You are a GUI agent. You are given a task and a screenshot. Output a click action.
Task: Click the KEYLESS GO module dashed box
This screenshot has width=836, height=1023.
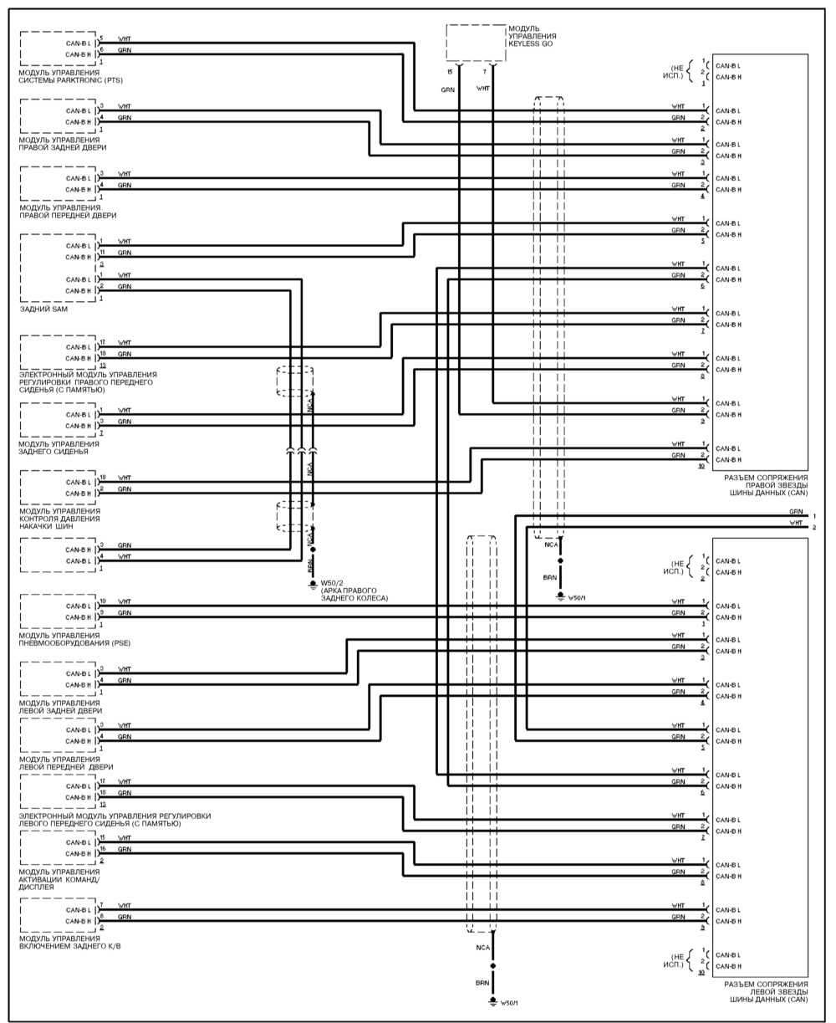tap(476, 43)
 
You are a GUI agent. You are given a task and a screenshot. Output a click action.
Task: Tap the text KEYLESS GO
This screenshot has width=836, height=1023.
tap(532, 44)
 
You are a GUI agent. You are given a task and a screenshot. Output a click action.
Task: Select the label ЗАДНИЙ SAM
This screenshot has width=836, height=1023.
tap(43, 309)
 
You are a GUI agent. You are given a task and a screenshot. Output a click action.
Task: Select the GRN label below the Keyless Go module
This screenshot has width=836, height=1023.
tap(448, 89)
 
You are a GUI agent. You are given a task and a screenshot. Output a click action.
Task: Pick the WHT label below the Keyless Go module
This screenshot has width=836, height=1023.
tap(482, 89)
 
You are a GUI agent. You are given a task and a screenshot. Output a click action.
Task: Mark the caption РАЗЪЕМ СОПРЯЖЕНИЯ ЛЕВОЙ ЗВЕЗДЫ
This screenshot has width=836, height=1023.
tap(765, 991)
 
